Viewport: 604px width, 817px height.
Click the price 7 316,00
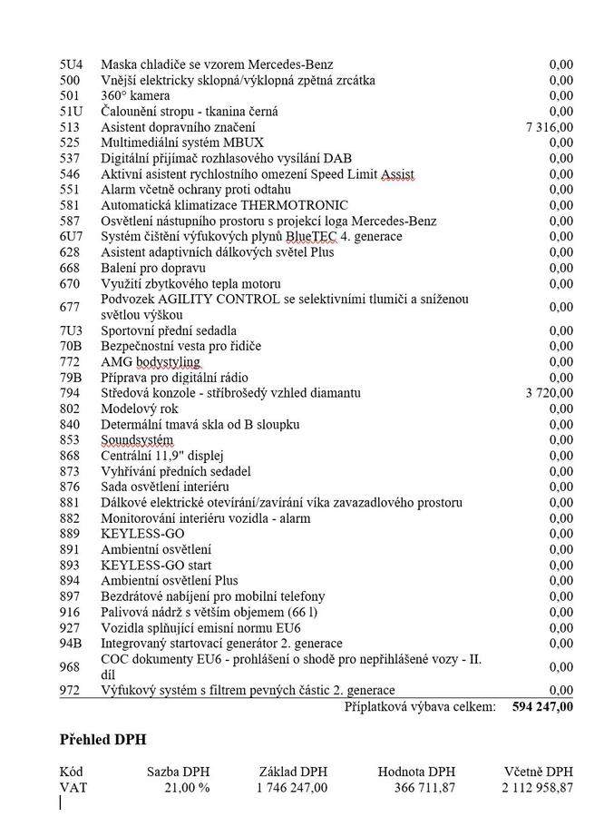click(x=549, y=127)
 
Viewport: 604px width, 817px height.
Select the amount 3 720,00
click(x=549, y=393)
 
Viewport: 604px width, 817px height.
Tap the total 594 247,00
click(x=542, y=707)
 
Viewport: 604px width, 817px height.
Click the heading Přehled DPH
click(x=103, y=740)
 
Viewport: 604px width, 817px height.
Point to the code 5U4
click(x=71, y=64)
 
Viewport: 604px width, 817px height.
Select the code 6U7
click(x=71, y=237)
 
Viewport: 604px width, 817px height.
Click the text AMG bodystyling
click(x=150, y=362)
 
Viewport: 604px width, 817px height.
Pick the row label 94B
click(x=71, y=644)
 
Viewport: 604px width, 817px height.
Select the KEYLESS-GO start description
click(x=156, y=566)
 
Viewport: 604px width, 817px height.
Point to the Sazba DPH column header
click(x=179, y=772)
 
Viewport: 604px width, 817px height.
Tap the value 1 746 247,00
click(x=291, y=788)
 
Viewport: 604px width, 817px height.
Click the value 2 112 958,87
click(x=537, y=788)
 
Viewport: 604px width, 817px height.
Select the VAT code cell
click(x=73, y=788)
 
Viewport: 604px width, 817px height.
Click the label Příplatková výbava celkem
click(x=420, y=707)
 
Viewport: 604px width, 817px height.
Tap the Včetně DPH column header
click(x=539, y=772)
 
